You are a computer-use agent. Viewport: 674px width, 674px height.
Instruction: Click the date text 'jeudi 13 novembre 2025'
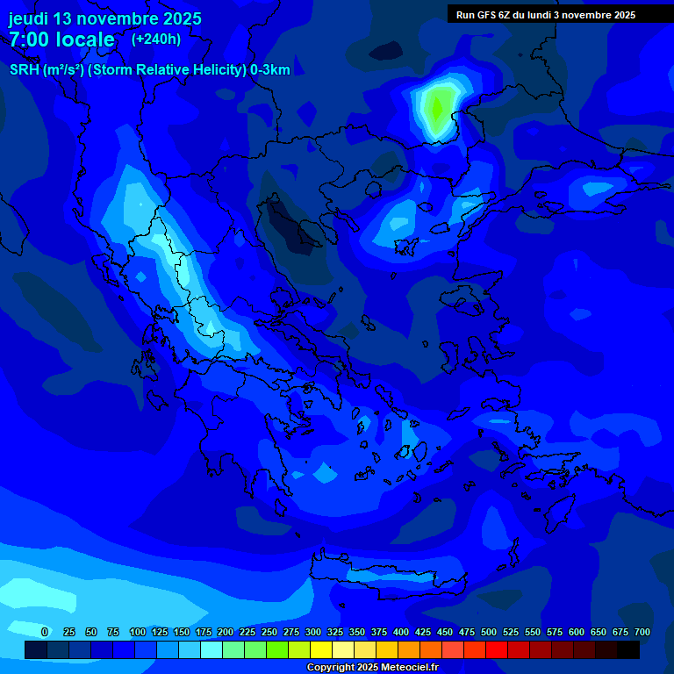[x=105, y=18]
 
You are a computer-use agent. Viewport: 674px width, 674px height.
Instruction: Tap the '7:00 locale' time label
[x=61, y=39]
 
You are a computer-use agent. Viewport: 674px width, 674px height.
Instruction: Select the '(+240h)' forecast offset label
[x=156, y=39]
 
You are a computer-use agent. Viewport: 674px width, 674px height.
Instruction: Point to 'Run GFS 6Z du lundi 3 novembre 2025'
[x=546, y=14]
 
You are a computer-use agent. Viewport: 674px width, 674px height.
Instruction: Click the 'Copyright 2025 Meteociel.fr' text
[x=372, y=667]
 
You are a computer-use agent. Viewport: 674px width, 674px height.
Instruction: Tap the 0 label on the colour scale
[x=45, y=632]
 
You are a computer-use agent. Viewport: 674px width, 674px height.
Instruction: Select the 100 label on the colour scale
[x=137, y=632]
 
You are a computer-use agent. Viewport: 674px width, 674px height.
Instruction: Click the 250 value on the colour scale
[x=269, y=632]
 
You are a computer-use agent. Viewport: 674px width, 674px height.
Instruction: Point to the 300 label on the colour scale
[x=312, y=632]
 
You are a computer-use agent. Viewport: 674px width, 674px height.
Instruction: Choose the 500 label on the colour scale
[x=489, y=632]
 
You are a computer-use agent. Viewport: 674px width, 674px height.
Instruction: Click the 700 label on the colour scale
[x=642, y=632]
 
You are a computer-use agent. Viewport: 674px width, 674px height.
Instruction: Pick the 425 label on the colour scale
[x=423, y=632]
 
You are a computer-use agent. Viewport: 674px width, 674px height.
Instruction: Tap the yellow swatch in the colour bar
[x=321, y=649]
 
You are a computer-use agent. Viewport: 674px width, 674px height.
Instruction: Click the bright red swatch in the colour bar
[x=497, y=649]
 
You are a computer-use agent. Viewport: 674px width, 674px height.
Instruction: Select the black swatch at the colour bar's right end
[x=628, y=649]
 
